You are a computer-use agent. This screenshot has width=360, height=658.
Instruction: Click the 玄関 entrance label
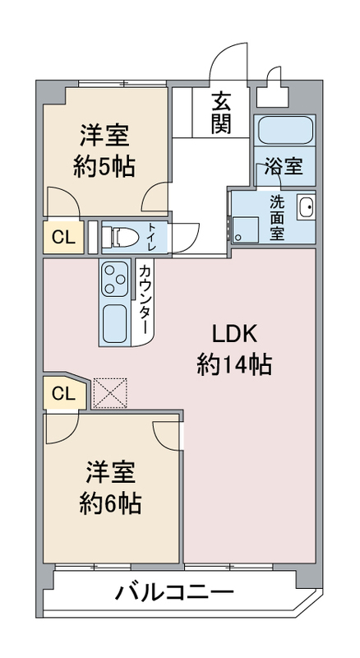pos(221,113)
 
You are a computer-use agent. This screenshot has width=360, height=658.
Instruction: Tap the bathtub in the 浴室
pos(285,131)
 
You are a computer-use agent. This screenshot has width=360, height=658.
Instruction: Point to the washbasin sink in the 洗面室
pos(306,207)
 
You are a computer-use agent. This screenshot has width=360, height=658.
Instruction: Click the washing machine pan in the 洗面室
pos(245,230)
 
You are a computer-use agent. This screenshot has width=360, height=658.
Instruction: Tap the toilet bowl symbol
pos(121,238)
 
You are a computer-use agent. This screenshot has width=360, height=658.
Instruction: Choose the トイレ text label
pos(151,238)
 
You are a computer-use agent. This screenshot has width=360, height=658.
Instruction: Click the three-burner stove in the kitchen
pos(114,278)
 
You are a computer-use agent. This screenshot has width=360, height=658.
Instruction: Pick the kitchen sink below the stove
pos(114,323)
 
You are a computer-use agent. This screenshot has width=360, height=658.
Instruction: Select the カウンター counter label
pos(144,299)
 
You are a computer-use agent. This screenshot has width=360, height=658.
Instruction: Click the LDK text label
pos(233,335)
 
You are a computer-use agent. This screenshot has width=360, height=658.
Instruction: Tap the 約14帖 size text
pos(234,364)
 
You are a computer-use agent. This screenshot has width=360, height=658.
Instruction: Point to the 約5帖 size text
pos(104,166)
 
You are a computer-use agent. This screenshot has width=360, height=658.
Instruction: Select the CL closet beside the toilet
pos(63,238)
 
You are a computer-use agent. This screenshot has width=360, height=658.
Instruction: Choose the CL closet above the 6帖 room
pos(65,393)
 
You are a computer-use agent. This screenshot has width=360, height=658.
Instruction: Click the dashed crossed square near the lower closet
pos(110,393)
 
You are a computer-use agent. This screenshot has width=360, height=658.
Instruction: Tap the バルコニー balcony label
pos(174,593)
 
